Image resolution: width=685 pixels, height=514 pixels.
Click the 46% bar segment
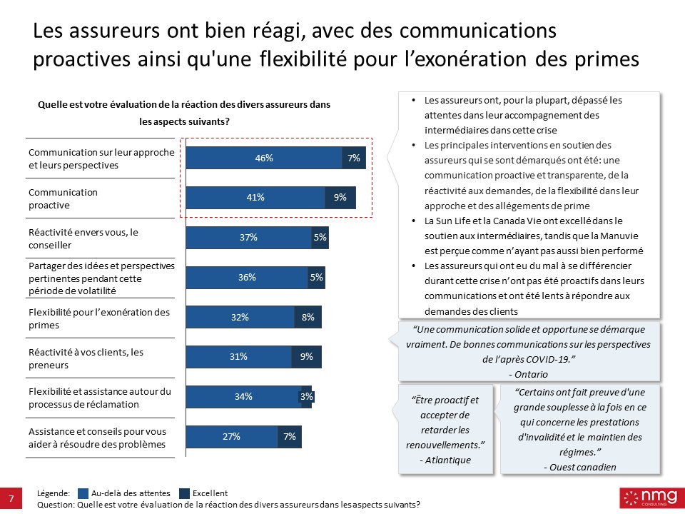point(264,158)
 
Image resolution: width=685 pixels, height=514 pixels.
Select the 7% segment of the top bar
point(354,158)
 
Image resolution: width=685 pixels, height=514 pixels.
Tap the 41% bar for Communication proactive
point(255,198)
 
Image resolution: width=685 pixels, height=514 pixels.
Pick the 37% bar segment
point(248,238)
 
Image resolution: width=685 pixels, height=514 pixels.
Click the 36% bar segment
point(247,278)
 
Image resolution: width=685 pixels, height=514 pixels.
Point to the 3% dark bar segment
point(307,397)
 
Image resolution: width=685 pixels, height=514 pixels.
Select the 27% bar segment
point(231,436)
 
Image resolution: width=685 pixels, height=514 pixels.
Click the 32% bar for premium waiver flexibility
point(240,318)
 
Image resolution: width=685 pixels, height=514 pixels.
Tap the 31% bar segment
point(238,357)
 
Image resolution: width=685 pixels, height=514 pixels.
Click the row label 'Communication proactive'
point(63,198)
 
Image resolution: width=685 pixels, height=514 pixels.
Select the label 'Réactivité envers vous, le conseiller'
point(83,238)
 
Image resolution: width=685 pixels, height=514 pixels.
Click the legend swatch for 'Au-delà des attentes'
point(82,493)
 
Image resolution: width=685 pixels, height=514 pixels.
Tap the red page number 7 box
point(11,498)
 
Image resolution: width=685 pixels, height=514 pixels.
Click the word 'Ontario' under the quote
point(532,374)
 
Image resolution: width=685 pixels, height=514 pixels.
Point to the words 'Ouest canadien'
point(579,467)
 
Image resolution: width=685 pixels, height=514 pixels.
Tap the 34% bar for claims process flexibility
point(243,397)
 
